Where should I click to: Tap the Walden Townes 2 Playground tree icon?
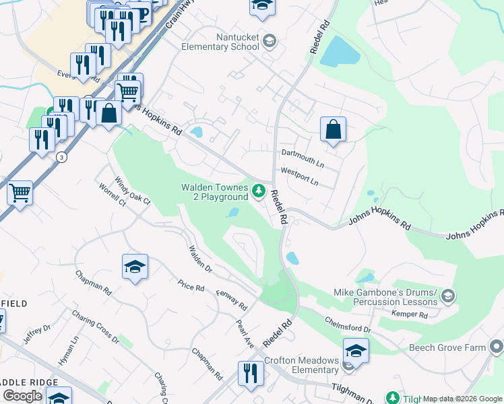click(x=258, y=193)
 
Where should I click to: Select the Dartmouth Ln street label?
click(x=303, y=154)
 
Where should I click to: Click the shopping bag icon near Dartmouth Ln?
click(x=333, y=129)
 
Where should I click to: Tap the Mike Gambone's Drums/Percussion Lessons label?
click(x=385, y=297)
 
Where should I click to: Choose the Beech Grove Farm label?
click(x=447, y=347)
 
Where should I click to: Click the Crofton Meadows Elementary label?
click(x=301, y=365)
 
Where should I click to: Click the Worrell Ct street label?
click(x=112, y=195)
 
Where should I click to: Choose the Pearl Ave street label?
click(x=244, y=332)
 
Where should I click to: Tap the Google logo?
click(x=22, y=396)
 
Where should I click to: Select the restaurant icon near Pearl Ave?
click(x=251, y=373)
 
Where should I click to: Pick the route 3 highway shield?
click(x=61, y=157)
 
